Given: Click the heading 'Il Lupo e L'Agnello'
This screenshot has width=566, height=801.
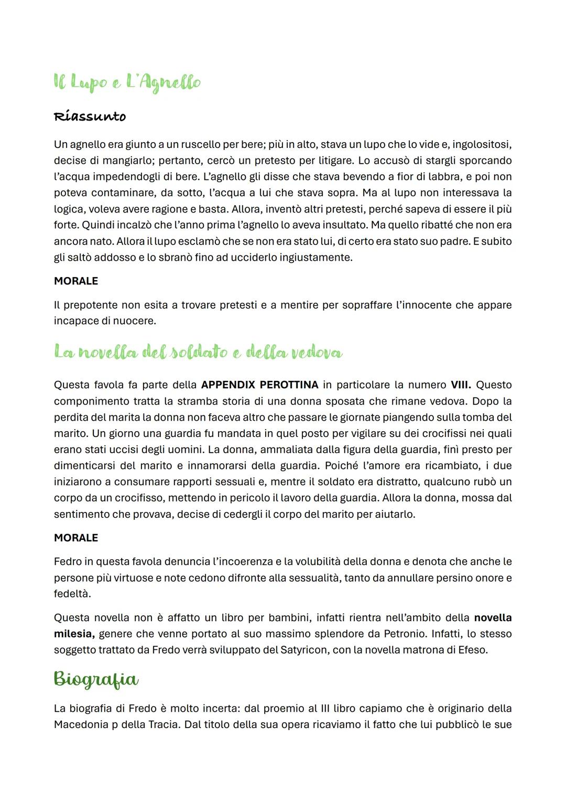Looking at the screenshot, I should click(127, 83).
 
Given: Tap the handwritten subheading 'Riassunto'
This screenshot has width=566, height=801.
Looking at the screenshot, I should click(90, 116).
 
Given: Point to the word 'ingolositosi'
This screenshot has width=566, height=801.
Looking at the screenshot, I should click(482, 144).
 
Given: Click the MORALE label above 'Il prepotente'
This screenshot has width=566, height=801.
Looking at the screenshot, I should click(76, 281).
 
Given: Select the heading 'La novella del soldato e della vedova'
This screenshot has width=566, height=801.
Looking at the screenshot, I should click(198, 353).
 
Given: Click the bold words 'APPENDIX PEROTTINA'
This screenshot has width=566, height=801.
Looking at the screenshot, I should click(259, 385).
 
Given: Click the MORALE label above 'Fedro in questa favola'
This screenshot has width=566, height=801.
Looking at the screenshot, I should click(76, 538).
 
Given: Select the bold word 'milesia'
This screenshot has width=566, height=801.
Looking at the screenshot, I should click(74, 634).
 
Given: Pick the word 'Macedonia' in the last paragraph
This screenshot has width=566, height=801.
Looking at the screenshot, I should click(80, 724).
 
